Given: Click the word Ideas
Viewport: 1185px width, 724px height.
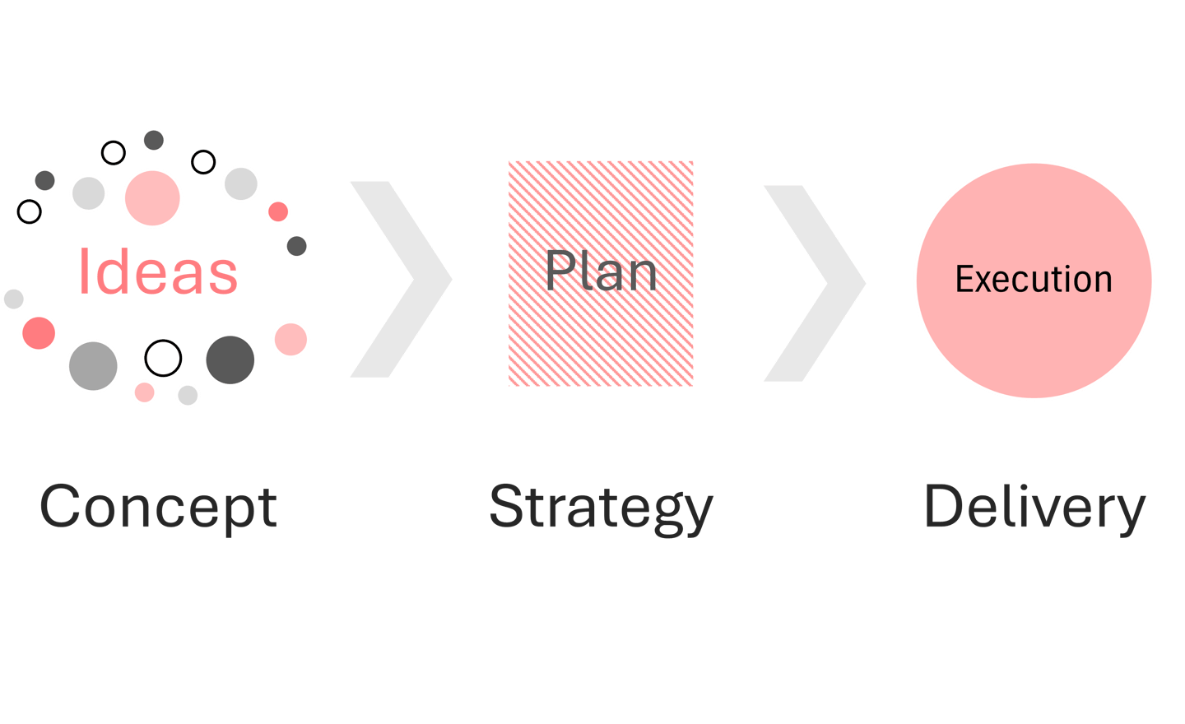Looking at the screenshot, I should click(x=157, y=271).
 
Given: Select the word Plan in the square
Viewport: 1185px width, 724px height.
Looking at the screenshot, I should click(x=601, y=271).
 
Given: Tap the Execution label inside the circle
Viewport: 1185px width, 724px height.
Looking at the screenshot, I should click(x=1034, y=280).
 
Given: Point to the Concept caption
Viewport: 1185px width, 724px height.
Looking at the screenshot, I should click(x=158, y=508).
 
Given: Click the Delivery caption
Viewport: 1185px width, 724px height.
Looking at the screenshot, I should click(x=1034, y=508).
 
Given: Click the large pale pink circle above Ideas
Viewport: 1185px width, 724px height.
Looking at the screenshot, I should click(x=152, y=198).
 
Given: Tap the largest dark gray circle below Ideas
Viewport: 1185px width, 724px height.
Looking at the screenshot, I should click(x=230, y=360).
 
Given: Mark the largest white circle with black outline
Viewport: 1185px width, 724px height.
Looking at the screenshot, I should click(x=163, y=358).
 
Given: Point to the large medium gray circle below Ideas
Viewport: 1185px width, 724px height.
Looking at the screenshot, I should click(x=93, y=365).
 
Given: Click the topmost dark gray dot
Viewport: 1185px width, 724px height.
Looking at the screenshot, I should click(x=154, y=140).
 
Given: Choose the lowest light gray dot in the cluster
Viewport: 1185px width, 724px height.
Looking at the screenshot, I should click(x=188, y=395).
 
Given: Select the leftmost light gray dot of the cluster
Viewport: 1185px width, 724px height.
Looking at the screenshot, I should click(x=13, y=299).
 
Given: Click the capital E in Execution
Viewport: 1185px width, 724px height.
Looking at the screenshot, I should click(x=964, y=280).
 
